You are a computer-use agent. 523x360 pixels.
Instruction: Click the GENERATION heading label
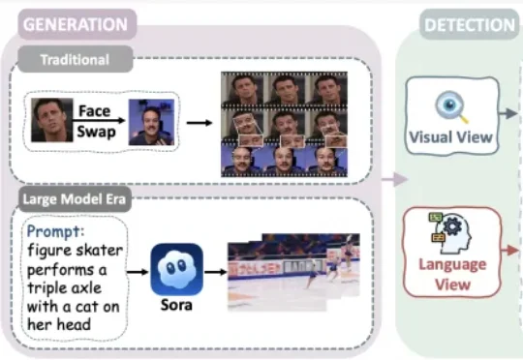coord(76,24)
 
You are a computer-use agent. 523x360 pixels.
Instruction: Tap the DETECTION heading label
coord(470,25)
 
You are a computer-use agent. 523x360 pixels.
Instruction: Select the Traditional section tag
coord(75,60)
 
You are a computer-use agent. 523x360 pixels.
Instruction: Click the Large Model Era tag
coord(74,199)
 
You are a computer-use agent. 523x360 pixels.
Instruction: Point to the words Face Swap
coord(96,121)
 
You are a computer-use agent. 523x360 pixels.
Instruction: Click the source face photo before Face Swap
coord(51,120)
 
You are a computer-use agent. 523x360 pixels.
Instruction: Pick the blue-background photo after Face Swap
coord(152,122)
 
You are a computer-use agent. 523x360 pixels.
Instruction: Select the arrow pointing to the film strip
coord(200,123)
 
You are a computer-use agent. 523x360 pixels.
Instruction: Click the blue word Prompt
coord(55,231)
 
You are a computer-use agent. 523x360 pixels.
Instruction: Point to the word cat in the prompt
coord(87,307)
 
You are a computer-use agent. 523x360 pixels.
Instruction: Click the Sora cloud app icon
coord(177,269)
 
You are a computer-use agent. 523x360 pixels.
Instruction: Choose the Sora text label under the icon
coord(176,305)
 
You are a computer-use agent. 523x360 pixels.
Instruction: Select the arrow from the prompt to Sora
coord(138,272)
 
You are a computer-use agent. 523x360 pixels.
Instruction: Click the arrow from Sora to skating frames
coord(216,272)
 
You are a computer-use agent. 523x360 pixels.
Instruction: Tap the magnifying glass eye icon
coord(451,106)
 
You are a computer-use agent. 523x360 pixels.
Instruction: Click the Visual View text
coord(451,137)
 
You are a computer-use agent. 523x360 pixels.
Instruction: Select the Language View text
coord(452,274)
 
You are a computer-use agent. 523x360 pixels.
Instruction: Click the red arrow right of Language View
coord(510,250)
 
